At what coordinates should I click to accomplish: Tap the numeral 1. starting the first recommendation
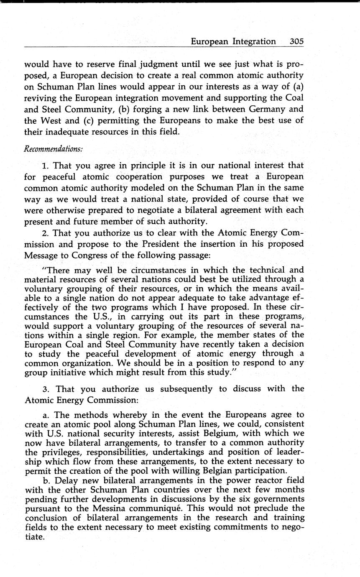(x=46, y=166)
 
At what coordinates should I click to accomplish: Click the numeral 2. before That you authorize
(x=46, y=232)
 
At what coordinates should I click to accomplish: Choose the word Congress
(x=93, y=255)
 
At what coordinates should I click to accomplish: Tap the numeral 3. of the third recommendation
(x=46, y=389)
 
